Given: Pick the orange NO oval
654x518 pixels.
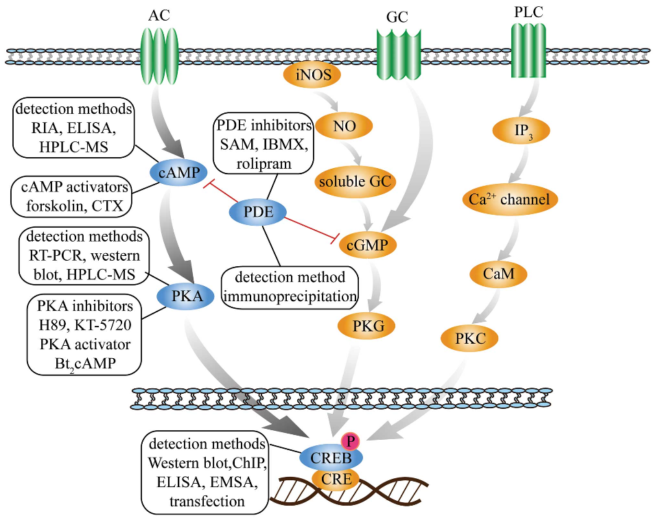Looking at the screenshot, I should click(x=353, y=126).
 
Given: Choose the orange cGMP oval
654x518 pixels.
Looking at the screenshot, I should click(x=371, y=245).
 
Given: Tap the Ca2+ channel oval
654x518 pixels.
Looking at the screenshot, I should click(x=509, y=200).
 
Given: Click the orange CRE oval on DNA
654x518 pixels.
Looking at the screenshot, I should click(x=332, y=478).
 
